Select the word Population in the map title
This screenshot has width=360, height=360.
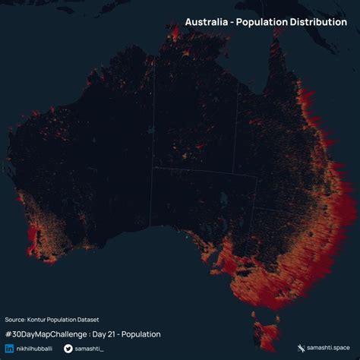[263, 22]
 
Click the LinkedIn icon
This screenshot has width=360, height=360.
[9, 349]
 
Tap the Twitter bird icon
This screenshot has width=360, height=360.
[68, 349]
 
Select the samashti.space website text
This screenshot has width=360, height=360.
[328, 348]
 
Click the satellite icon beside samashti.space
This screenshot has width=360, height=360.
[301, 348]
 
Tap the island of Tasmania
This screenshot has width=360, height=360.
[267, 331]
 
